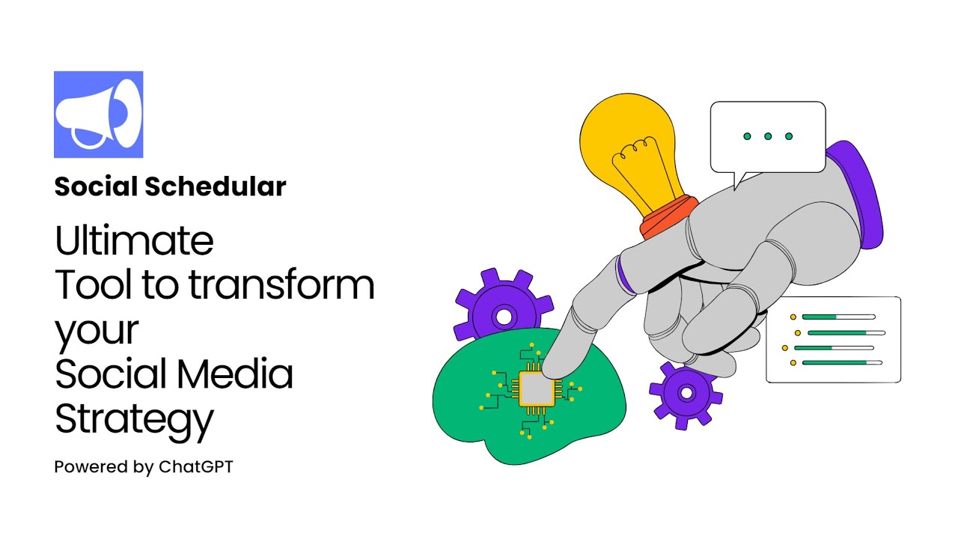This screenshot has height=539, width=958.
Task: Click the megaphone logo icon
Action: coord(98,115)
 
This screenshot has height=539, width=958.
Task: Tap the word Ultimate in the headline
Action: coord(134,241)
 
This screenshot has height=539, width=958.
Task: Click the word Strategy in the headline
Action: coord(134,419)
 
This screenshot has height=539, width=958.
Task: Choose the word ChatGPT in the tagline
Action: coord(196,467)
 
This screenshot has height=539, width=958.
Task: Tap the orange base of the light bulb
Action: coord(668,217)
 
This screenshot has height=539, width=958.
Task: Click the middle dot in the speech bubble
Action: coord(768,136)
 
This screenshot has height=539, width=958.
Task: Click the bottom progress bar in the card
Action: coord(842,362)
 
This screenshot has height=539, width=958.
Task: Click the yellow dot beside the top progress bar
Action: coord(793,317)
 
